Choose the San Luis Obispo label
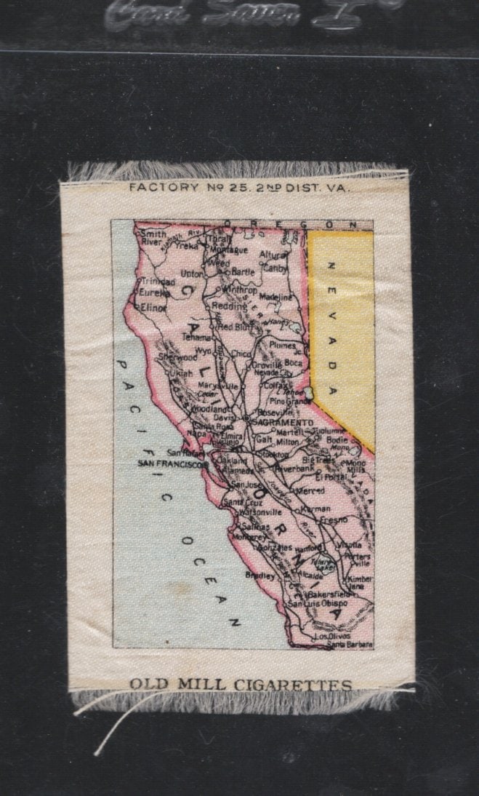click(x=318, y=603)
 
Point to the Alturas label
click(x=273, y=256)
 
